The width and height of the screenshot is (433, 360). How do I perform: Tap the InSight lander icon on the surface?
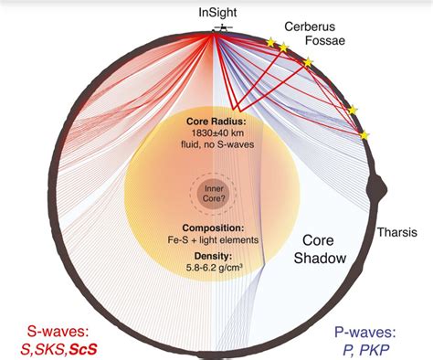tap(221, 29)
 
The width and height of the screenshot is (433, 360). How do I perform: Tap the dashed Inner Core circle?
tap(212, 191)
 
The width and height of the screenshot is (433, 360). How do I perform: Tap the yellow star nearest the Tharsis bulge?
tap(364, 135)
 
